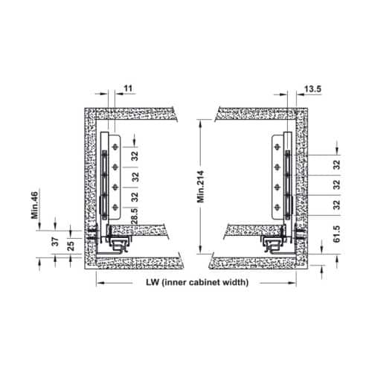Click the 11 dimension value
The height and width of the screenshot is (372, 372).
[x=128, y=89]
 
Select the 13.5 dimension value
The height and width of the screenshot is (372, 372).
[x=312, y=89]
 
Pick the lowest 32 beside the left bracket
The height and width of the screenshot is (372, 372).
[x=135, y=198]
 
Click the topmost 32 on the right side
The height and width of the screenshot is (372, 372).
[x=336, y=164]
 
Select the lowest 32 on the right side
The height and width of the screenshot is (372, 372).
[x=336, y=203]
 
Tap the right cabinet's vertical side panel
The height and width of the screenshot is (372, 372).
[x=301, y=186]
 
